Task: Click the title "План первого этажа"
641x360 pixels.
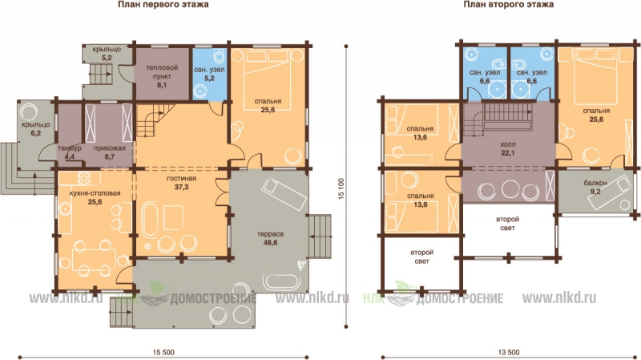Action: pyautogui.click(x=163, y=5)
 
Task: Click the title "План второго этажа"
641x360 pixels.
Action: pyautogui.click(x=508, y=5)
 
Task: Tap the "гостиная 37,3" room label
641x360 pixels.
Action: pyautogui.click(x=181, y=183)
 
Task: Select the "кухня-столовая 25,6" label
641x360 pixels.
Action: pyautogui.click(x=95, y=197)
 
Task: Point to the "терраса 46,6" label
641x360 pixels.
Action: pyautogui.click(x=270, y=238)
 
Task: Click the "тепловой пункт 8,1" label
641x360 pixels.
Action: pyautogui.click(x=162, y=76)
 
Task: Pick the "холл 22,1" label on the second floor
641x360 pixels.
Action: pyautogui.click(x=508, y=149)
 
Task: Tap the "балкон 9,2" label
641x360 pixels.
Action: pyautogui.click(x=595, y=187)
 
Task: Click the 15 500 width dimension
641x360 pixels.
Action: pyautogui.click(x=163, y=352)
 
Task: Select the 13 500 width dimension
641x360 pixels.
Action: pyautogui.click(x=509, y=352)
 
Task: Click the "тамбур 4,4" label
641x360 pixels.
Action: pyautogui.click(x=69, y=152)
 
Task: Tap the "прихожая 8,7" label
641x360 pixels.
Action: pyautogui.click(x=109, y=152)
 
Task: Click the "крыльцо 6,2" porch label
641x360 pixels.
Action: pyautogui.click(x=35, y=128)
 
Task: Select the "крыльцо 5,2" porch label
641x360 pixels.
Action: pyautogui.click(x=107, y=54)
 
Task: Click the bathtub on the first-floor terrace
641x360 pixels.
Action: pyautogui.click(x=282, y=281)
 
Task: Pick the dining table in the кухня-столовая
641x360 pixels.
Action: pyautogui.click(x=94, y=259)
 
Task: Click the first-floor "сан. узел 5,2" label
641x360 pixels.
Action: pyautogui.click(x=209, y=74)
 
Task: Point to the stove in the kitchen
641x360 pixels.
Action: pyautogui.click(x=85, y=177)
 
